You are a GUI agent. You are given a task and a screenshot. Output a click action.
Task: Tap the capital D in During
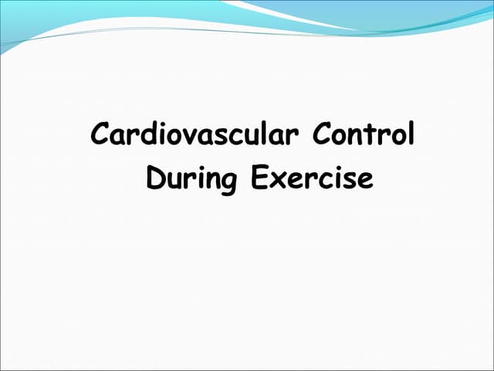click(155, 179)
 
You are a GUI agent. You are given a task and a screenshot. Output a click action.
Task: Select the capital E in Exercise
click(259, 179)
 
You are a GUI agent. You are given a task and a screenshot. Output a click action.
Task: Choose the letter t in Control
click(376, 135)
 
